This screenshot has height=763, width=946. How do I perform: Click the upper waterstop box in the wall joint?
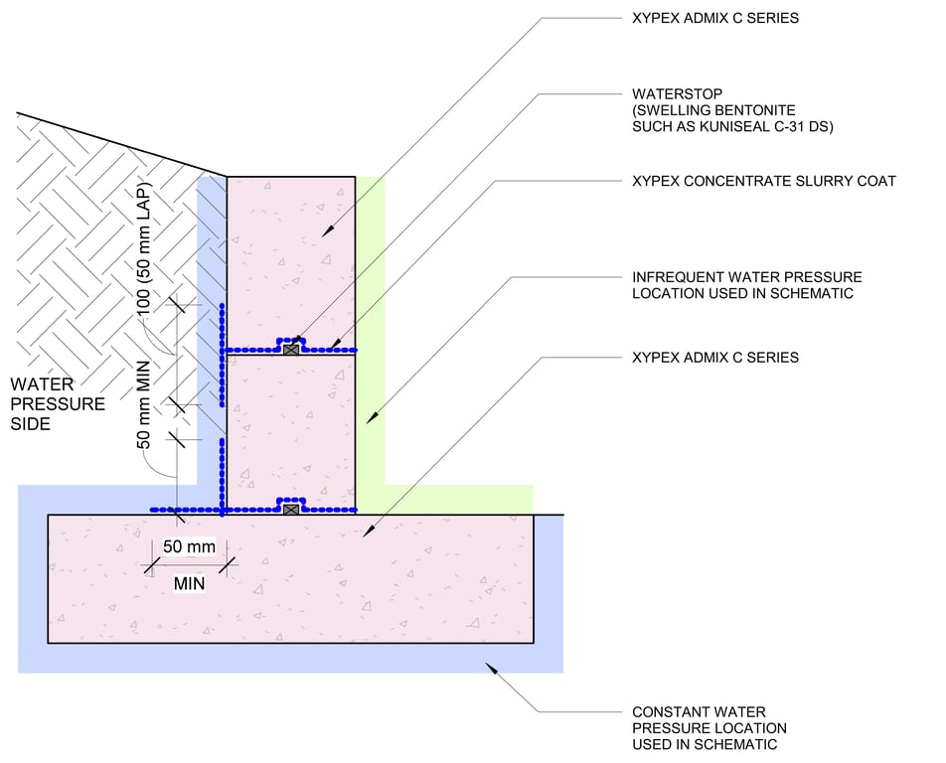tap(290, 350)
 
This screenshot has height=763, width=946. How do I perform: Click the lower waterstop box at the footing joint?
tap(290, 509)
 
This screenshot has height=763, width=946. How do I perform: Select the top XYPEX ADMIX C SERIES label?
tap(715, 19)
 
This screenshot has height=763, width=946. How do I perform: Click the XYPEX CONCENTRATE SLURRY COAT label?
tap(763, 181)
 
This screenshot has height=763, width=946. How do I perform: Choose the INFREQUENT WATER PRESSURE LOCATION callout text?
tap(747, 285)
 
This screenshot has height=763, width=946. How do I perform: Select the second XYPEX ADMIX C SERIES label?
tap(715, 357)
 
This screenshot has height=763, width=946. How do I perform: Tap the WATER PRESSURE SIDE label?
tap(57, 403)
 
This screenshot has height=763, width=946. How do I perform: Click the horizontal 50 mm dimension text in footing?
tap(189, 546)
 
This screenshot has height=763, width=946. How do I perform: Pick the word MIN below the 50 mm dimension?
tap(189, 583)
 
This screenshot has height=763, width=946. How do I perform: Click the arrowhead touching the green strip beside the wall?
tap(370, 420)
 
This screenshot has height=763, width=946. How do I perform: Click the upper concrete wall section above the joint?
tap(290, 248)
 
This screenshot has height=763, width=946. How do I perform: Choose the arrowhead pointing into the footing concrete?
tap(365, 534)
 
